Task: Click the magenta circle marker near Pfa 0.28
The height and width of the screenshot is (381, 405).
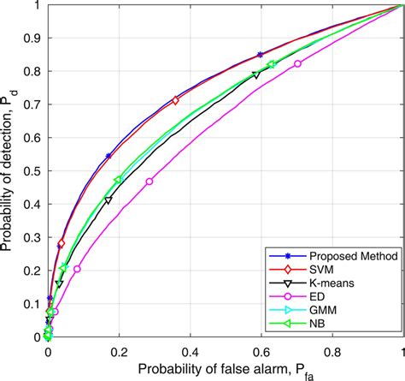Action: point(150,182)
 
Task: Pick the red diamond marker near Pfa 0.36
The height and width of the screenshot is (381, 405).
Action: point(176,100)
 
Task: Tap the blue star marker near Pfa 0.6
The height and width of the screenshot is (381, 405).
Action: point(260,55)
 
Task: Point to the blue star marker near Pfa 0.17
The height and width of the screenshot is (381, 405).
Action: point(109,156)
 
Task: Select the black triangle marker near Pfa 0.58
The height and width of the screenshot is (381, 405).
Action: point(255,75)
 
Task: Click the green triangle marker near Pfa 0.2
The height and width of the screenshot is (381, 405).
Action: point(118,180)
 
